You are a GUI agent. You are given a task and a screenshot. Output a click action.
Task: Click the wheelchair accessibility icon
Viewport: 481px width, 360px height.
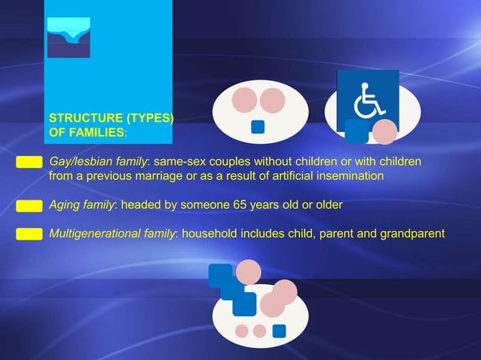(367, 99)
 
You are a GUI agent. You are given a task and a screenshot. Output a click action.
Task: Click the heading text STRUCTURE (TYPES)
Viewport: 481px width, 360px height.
(111, 118)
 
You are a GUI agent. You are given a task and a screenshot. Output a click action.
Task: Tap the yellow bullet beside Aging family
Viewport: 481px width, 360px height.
(29, 205)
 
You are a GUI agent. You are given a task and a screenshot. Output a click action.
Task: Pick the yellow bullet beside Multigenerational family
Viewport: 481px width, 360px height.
(29, 233)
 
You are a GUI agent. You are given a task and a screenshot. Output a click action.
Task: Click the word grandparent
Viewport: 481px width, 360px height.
(412, 233)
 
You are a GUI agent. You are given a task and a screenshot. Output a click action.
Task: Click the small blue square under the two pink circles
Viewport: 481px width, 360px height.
(258, 127)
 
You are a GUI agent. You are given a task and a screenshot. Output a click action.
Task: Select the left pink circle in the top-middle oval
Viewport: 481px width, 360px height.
(244, 99)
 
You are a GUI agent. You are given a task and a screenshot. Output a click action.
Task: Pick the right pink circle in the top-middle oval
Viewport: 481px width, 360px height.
(272, 99)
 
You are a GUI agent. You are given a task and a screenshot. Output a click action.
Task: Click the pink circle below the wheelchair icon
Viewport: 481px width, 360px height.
(384, 132)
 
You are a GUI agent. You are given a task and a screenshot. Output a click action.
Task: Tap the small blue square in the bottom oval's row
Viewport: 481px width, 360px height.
(279, 331)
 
